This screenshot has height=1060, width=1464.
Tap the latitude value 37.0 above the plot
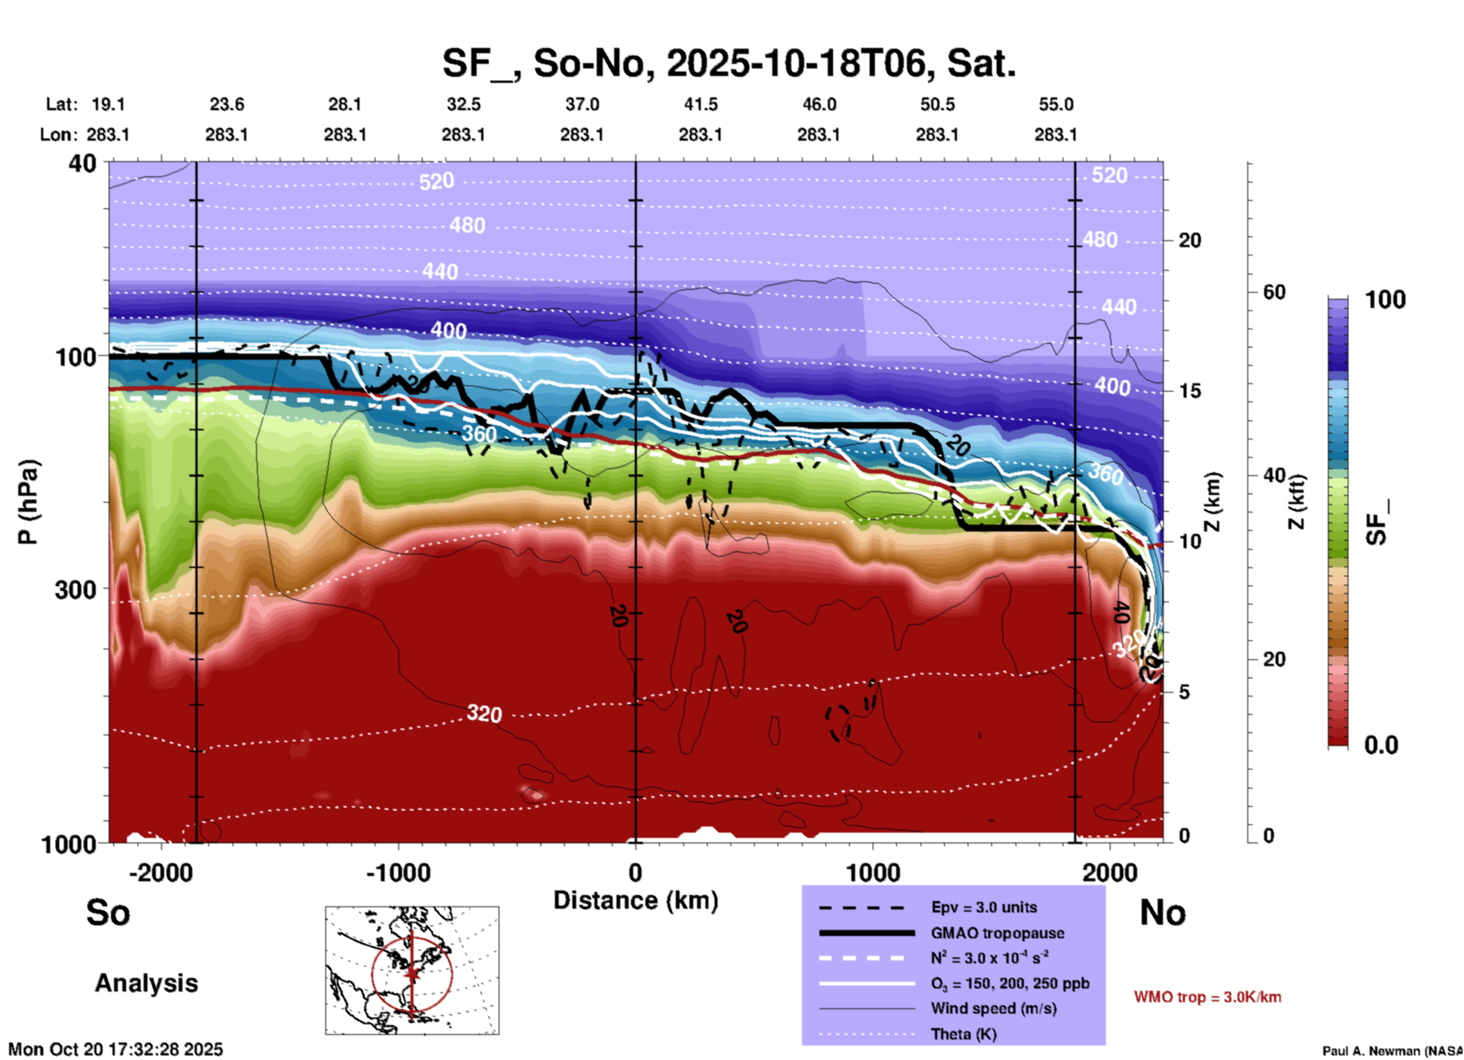(581, 104)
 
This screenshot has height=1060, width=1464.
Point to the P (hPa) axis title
(28, 502)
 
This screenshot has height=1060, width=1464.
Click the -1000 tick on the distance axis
(398, 873)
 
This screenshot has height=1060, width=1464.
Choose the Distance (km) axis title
(635, 900)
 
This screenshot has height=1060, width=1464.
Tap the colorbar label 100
(1385, 300)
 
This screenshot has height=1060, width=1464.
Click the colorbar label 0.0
(1381, 745)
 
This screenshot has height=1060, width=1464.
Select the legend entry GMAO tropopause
(997, 933)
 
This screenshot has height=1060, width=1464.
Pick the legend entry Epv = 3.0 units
(984, 907)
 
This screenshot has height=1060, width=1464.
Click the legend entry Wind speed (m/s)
(993, 1008)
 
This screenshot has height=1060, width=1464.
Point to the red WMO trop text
(1207, 997)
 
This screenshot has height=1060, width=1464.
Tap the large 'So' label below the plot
(108, 912)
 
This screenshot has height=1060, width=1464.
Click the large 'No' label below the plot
(1162, 912)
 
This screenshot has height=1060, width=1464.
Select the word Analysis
(146, 983)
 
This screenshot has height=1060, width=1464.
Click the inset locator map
(412, 970)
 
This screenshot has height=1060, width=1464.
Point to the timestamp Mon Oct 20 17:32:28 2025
(116, 1049)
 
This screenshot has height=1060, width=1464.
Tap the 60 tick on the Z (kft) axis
(1274, 292)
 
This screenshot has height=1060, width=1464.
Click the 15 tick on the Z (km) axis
(1190, 391)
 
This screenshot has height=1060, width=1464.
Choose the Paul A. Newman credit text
(1393, 1051)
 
